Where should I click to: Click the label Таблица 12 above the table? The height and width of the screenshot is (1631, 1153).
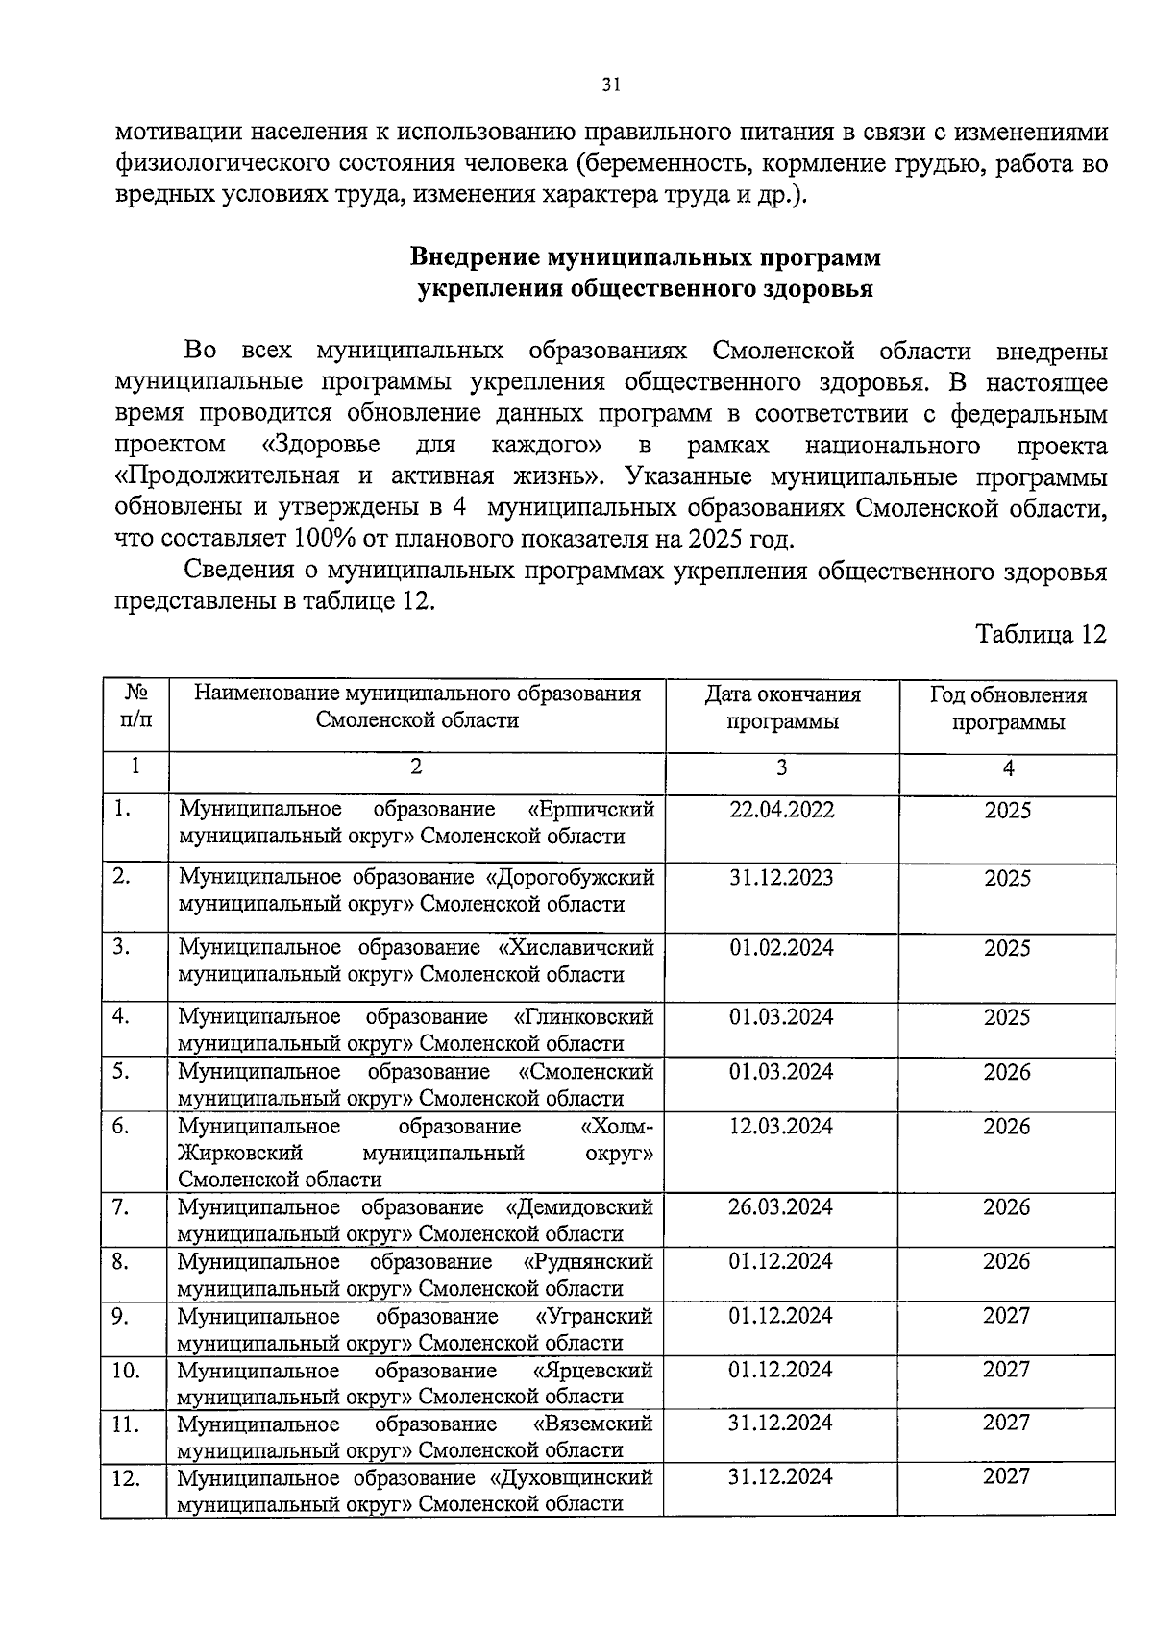[x=1041, y=634]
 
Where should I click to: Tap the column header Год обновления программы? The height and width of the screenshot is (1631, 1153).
[x=1008, y=708]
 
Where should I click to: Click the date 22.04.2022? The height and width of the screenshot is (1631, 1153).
[x=782, y=809]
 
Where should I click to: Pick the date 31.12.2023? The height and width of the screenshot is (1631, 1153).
[x=782, y=877]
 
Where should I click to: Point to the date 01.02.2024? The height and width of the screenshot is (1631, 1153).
[x=782, y=947]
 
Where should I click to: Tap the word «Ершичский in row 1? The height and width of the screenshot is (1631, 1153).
[x=592, y=809]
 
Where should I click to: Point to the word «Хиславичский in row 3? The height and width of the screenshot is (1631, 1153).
[x=576, y=947]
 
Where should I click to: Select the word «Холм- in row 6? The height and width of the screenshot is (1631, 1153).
[x=617, y=1126]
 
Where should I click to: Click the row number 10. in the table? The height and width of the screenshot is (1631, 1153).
[x=126, y=1370]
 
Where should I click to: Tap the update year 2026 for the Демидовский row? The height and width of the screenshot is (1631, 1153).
[x=1006, y=1206]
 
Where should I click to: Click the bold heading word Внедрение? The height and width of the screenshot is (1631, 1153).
[x=474, y=257]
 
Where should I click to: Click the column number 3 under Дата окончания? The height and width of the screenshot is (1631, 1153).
[x=782, y=767]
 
